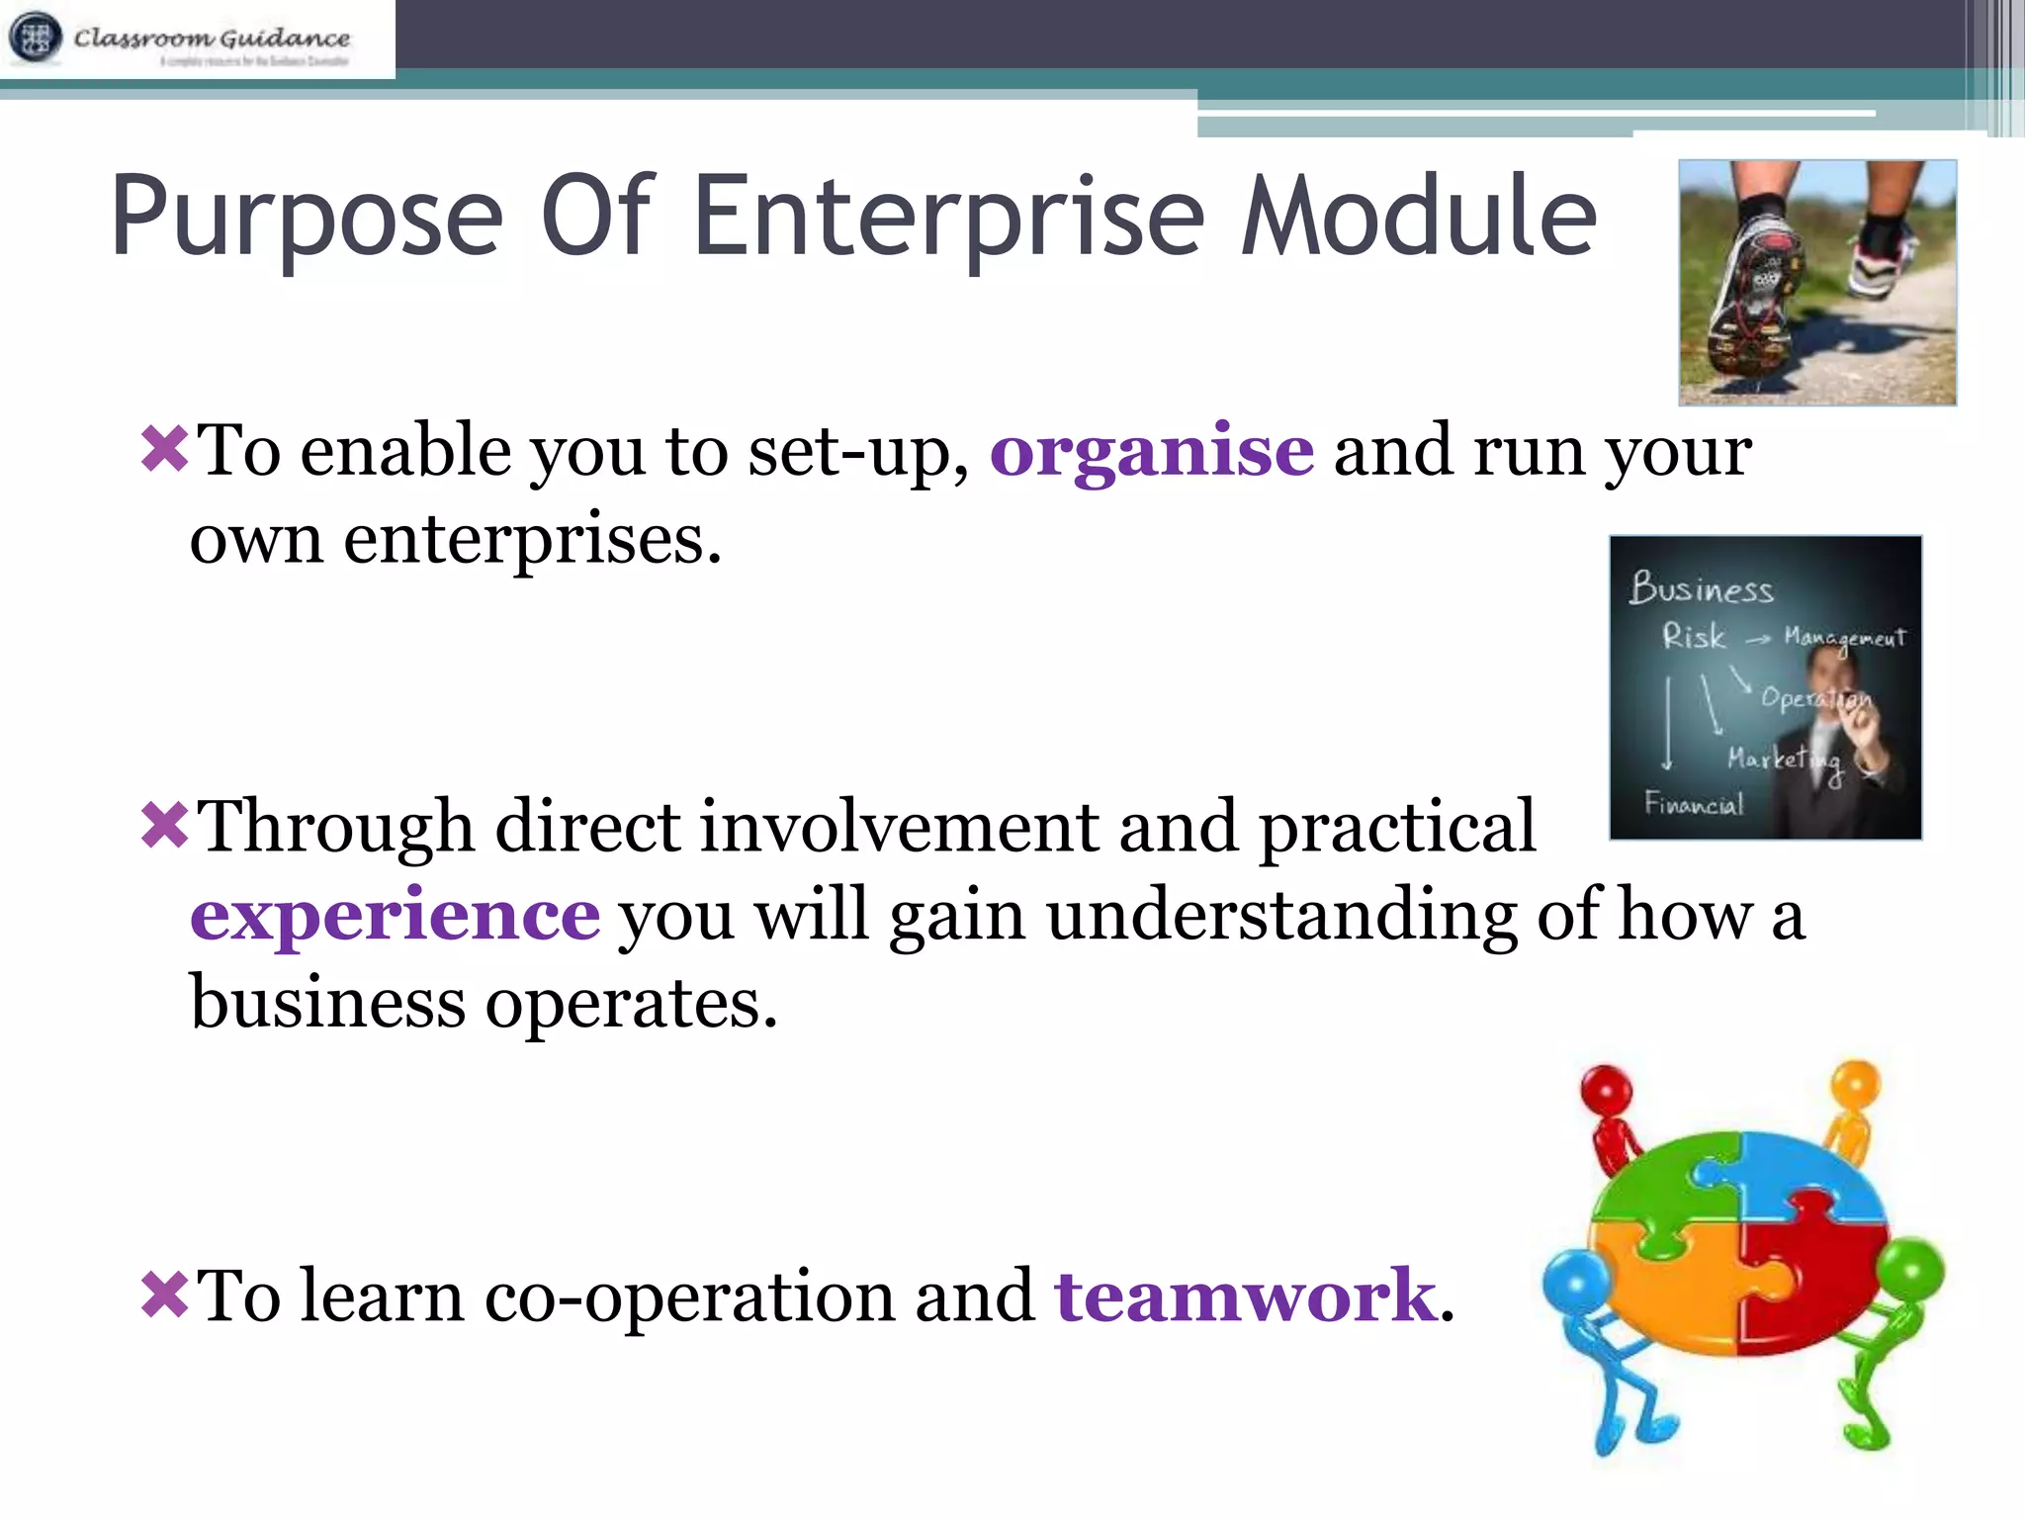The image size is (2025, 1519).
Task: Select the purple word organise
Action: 1152,452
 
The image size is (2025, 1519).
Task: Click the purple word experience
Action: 395,915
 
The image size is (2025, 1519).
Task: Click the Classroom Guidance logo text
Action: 212,38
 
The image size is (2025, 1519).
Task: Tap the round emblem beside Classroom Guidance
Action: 36,38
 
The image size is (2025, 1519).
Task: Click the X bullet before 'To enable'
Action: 164,449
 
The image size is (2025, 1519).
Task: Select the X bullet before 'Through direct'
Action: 164,825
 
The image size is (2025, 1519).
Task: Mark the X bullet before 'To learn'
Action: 164,1295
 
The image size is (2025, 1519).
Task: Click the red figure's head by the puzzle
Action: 1606,1089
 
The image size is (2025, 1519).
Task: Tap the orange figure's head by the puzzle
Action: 1855,1082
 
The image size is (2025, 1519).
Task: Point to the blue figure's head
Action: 1575,1280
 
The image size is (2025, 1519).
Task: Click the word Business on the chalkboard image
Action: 1701,587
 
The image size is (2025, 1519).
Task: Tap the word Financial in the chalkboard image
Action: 1693,803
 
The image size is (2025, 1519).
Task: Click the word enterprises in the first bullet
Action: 532,542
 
